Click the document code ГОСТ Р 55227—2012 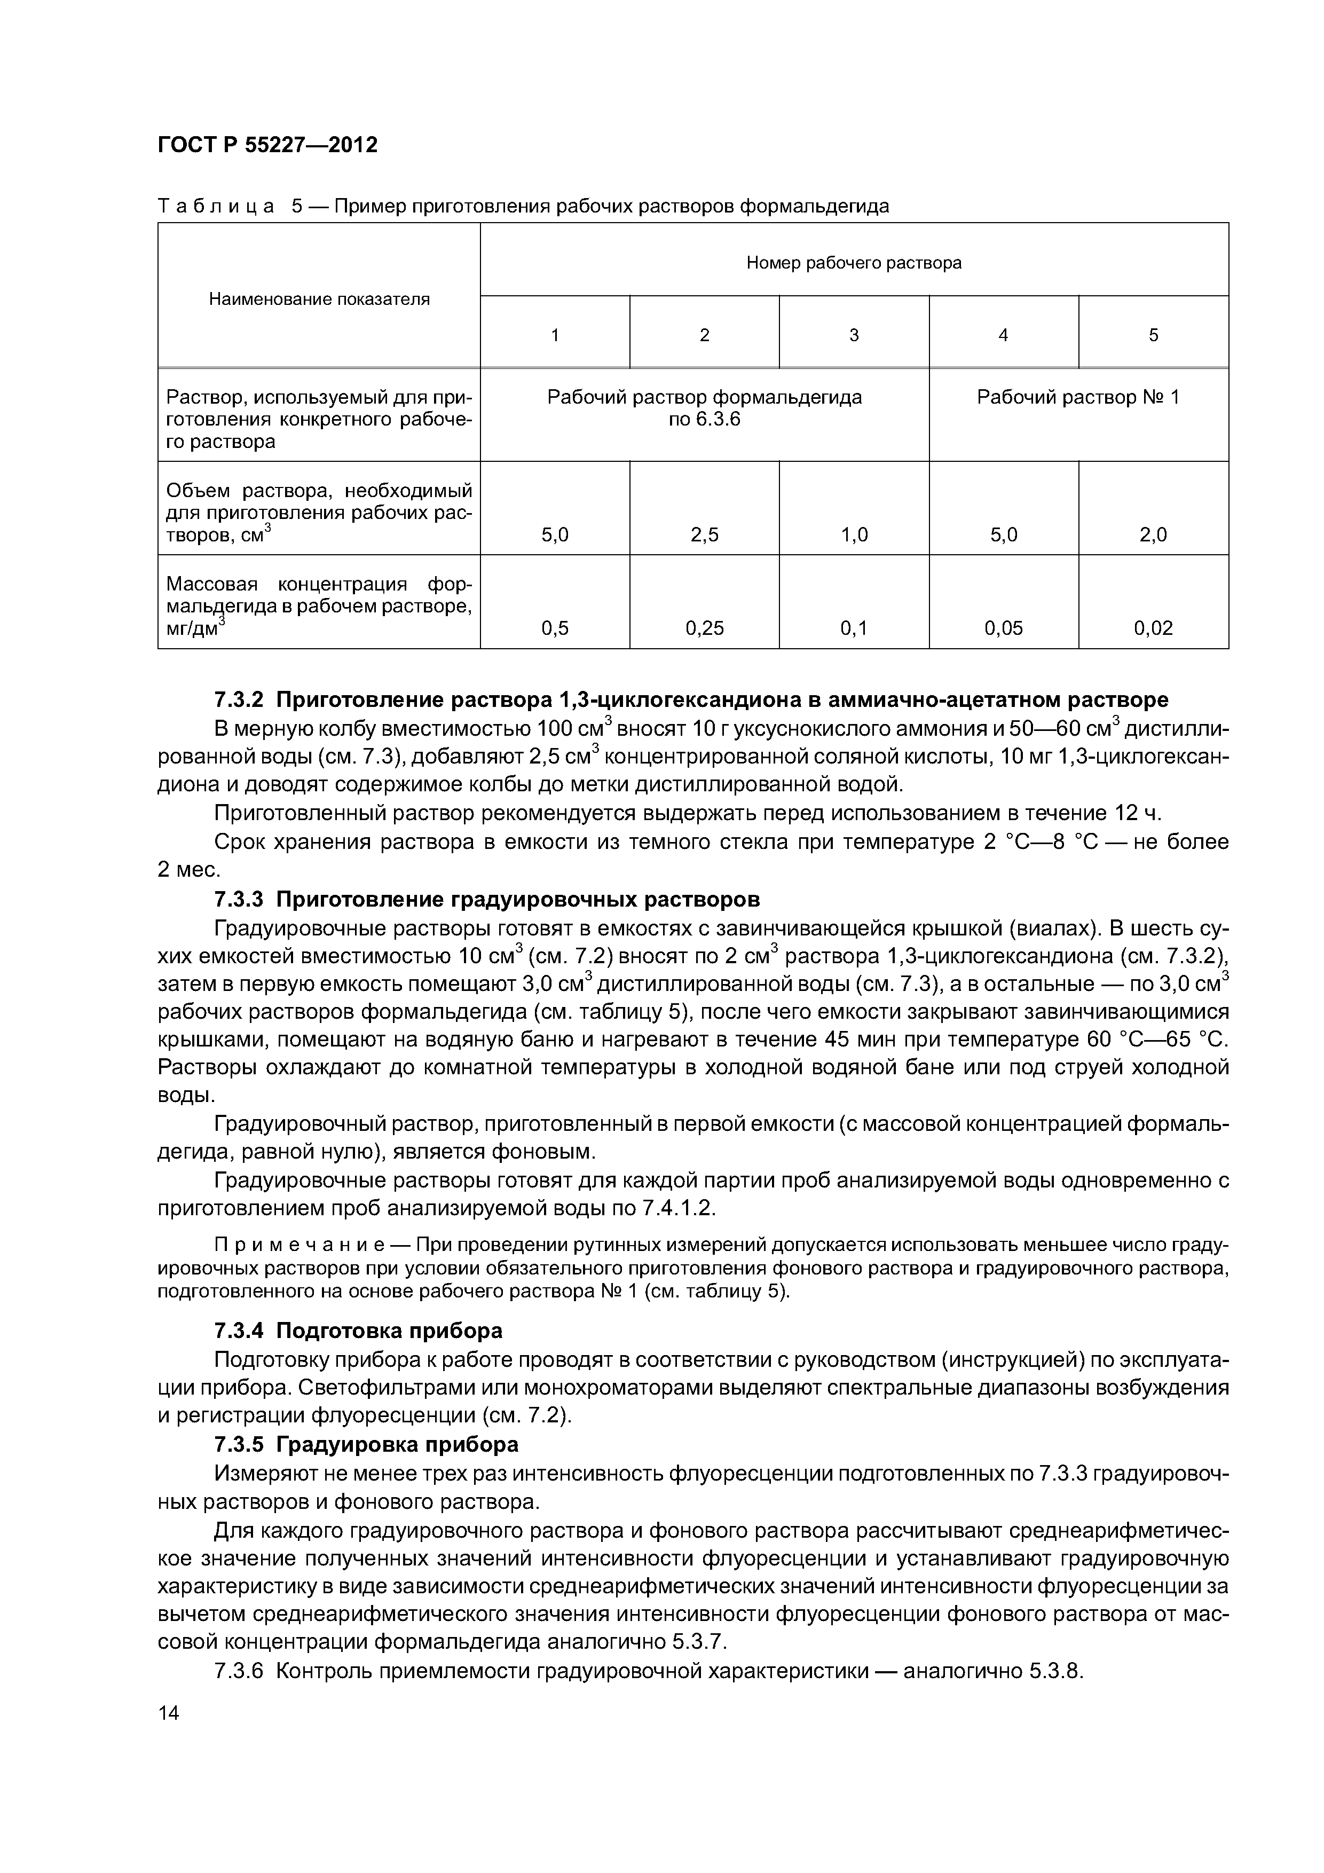coord(267,145)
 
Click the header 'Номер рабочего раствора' coord(853,263)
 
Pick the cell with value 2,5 coord(704,535)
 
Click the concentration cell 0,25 coord(704,628)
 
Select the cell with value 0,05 coord(1003,628)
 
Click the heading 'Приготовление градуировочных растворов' coord(518,900)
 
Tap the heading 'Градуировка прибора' coord(397,1445)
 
